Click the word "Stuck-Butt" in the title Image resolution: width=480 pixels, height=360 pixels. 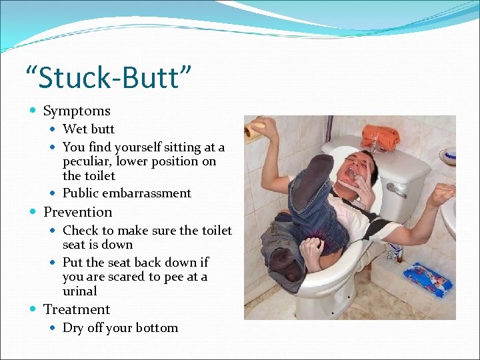[x=107, y=77]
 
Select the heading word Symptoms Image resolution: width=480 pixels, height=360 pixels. [x=77, y=111]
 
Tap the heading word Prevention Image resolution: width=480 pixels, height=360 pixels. [x=77, y=212]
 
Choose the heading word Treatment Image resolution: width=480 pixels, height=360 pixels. [x=77, y=309]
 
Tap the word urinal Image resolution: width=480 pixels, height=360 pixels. [x=80, y=291]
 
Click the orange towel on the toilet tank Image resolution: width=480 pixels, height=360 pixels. [x=381, y=137]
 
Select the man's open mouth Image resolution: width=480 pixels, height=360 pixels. [x=349, y=176]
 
